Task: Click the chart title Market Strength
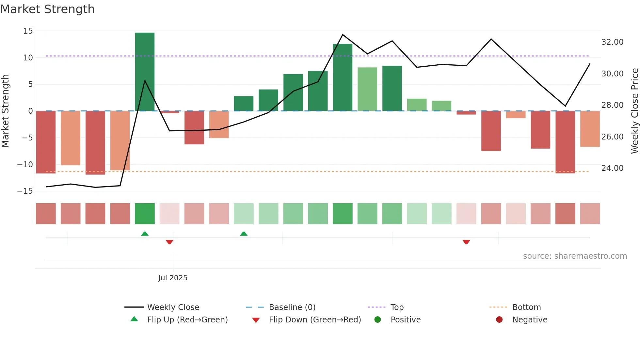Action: (x=47, y=9)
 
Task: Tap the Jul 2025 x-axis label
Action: (x=173, y=278)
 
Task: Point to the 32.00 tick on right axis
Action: (x=612, y=42)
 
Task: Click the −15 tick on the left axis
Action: (x=25, y=191)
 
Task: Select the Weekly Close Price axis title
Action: (x=634, y=111)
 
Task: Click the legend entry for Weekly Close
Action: (x=173, y=307)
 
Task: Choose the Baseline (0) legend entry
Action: (x=292, y=307)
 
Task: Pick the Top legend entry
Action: (x=397, y=307)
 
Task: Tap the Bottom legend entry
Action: (x=526, y=307)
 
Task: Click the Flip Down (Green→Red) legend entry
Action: (x=314, y=319)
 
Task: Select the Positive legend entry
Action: (x=405, y=319)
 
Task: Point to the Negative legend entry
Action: (x=529, y=319)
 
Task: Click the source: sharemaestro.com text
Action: (x=575, y=256)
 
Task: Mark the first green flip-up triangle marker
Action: (x=145, y=234)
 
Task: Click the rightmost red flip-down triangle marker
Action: (x=466, y=242)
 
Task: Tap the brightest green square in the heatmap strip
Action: (x=145, y=214)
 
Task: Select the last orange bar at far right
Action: (x=590, y=129)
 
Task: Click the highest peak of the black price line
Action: (x=343, y=34)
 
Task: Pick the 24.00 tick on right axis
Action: (x=612, y=168)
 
